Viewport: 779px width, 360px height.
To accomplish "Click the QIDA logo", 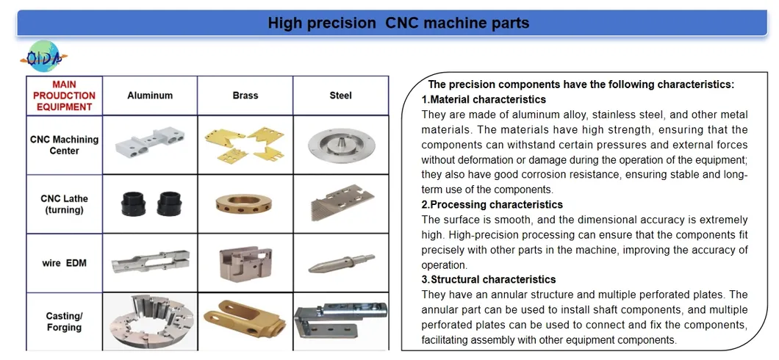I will pyautogui.click(x=45, y=57).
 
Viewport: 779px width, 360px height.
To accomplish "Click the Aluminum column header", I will pyautogui.click(x=150, y=96).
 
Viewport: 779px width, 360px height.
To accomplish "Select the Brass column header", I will pyautogui.click(x=245, y=96).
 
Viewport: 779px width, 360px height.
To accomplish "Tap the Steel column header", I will pyautogui.click(x=340, y=96).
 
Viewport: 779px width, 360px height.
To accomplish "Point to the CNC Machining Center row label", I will pyautogui.click(x=64, y=145).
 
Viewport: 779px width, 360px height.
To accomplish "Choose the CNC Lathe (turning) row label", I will pyautogui.click(x=64, y=204).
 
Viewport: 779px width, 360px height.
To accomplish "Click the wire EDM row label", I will pyautogui.click(x=64, y=262).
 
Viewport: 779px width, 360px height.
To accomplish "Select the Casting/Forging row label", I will pyautogui.click(x=64, y=322).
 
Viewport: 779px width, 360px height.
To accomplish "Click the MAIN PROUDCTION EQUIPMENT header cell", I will pyautogui.click(x=64, y=96).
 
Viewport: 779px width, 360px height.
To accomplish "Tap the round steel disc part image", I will pyautogui.click(x=340, y=145).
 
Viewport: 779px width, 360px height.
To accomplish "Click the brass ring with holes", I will pyautogui.click(x=245, y=204).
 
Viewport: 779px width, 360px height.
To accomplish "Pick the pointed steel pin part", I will pyautogui.click(x=340, y=262).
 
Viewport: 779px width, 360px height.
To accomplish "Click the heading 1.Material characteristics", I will pyautogui.click(x=483, y=99).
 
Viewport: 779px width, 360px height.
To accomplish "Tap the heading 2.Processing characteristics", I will pyautogui.click(x=492, y=204).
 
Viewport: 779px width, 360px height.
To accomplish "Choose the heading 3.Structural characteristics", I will pyautogui.click(x=488, y=279).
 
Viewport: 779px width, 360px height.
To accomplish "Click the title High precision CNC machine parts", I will pyautogui.click(x=398, y=23).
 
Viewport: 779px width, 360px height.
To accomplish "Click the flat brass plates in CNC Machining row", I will pyautogui.click(x=245, y=144).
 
